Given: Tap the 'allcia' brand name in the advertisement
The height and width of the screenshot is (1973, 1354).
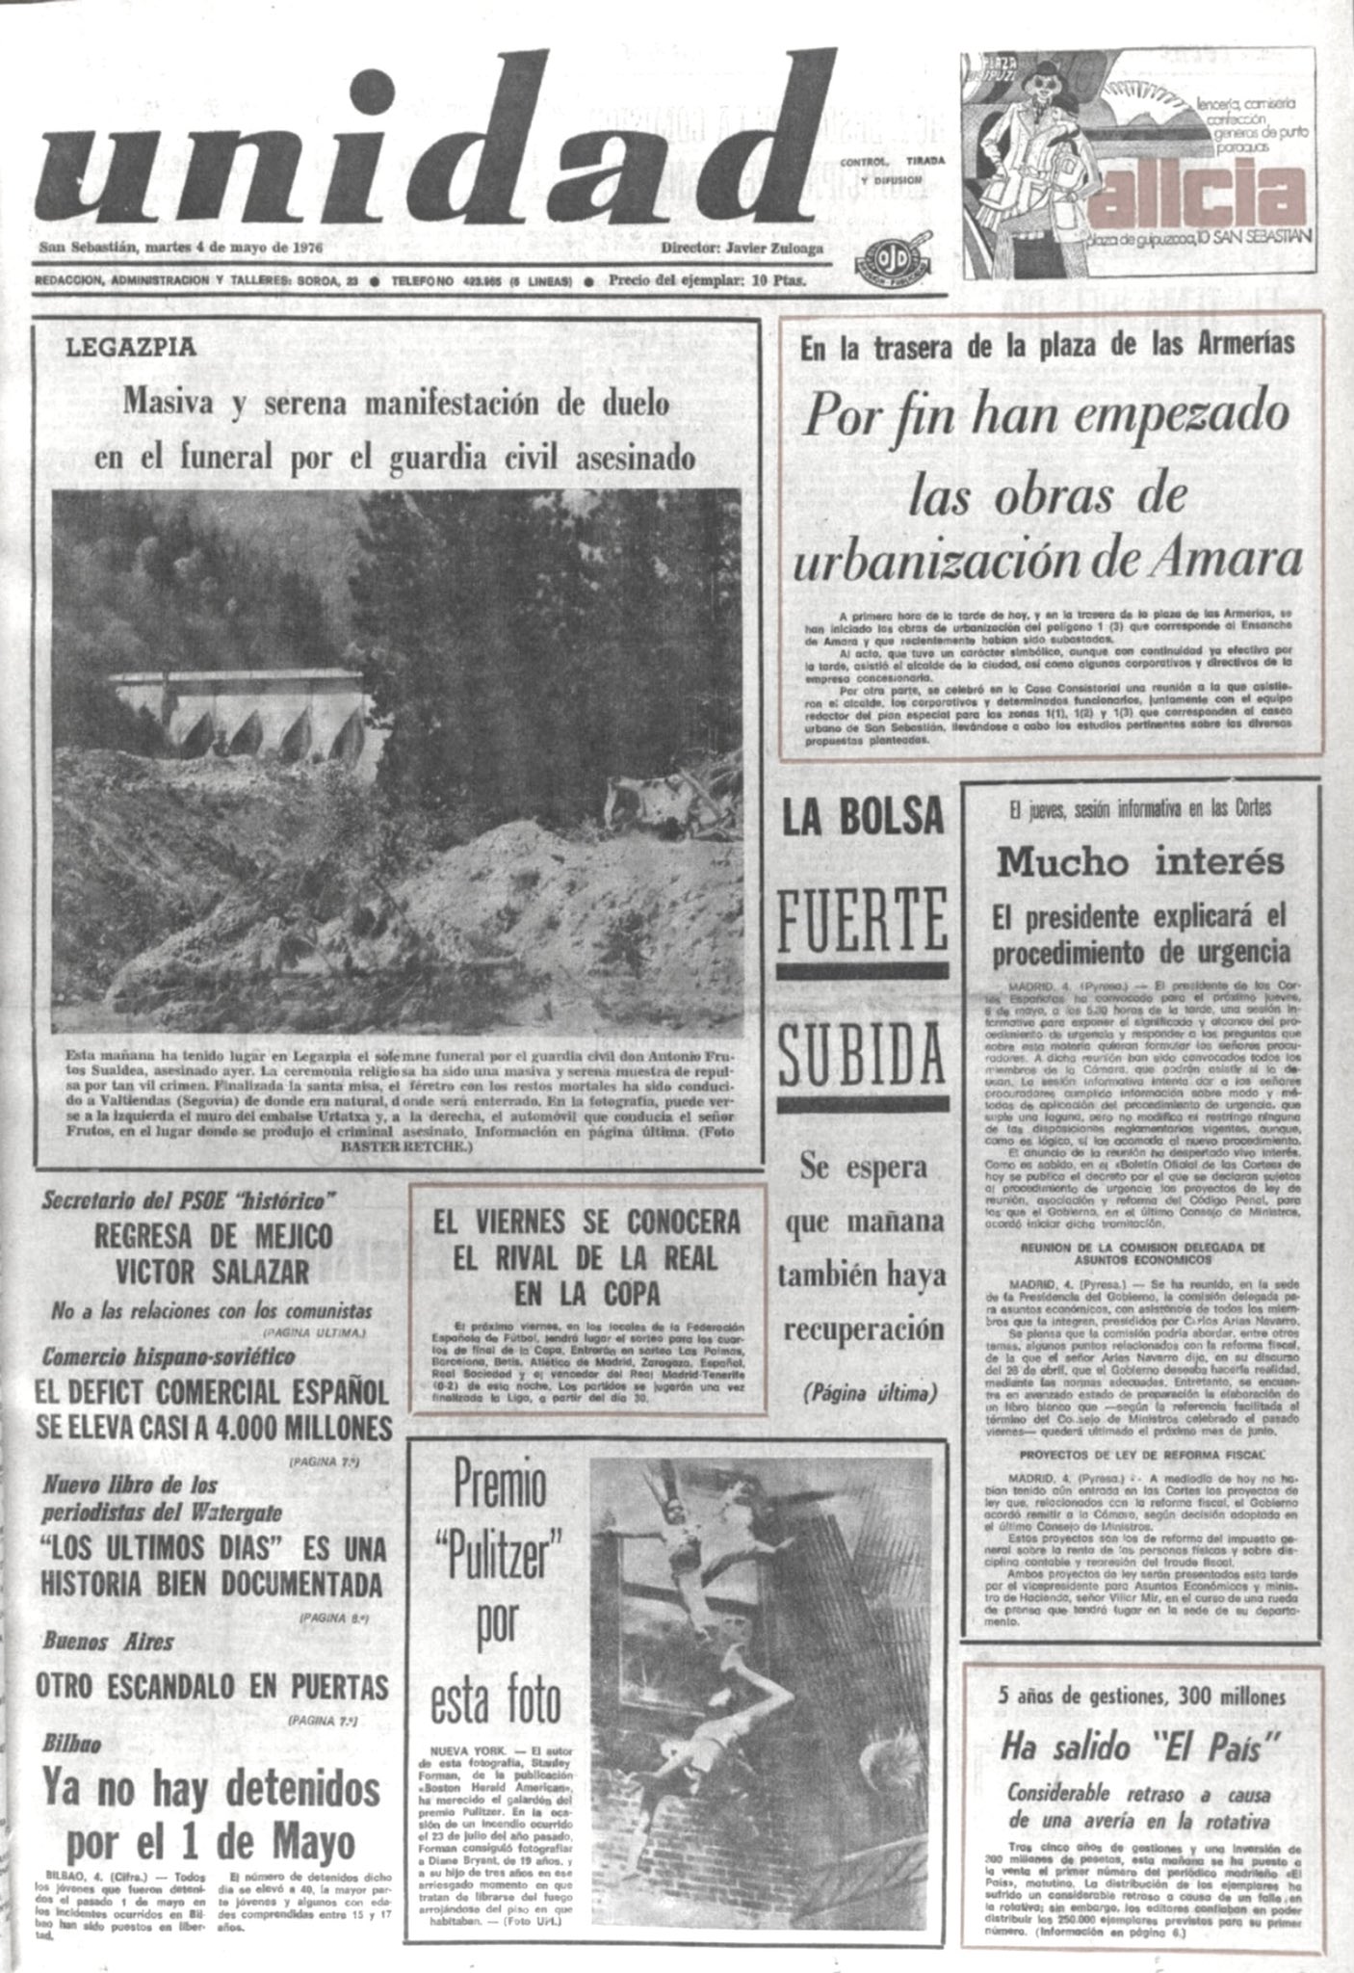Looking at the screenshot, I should pyautogui.click(x=1200, y=194).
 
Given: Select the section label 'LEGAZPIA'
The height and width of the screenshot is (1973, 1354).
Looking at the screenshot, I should pyautogui.click(x=130, y=347).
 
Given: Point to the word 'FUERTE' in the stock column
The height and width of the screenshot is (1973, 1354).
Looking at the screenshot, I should pyautogui.click(x=861, y=920).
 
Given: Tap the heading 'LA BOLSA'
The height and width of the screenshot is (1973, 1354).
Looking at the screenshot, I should pyautogui.click(x=861, y=818).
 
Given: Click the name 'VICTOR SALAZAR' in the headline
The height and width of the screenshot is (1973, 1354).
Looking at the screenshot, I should pyautogui.click(x=213, y=1271).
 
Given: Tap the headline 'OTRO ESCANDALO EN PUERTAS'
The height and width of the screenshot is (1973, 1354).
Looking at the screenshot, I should pyautogui.click(x=212, y=1686).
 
